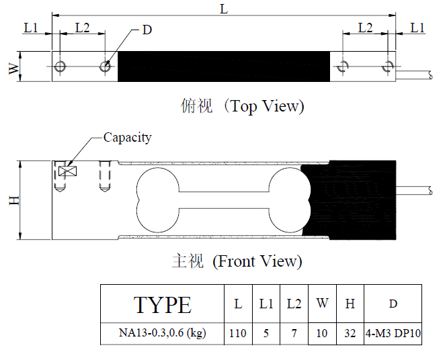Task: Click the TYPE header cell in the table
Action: tap(162, 304)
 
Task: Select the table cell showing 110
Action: tap(238, 333)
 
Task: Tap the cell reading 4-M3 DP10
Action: tap(393, 333)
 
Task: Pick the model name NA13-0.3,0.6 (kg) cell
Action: tap(162, 333)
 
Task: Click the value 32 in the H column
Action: tap(350, 333)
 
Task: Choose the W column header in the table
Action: tap(322, 304)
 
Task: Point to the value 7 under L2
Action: tap(294, 333)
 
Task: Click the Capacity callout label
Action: tap(128, 138)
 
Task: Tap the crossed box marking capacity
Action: tap(67, 171)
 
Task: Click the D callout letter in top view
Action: tap(147, 30)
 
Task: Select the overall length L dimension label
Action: tap(224, 9)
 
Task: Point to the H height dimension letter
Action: tap(14, 200)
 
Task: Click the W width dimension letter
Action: tap(14, 68)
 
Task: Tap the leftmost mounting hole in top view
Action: tap(60, 66)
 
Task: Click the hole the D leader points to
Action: tap(105, 66)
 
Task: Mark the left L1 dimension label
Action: tap(31, 28)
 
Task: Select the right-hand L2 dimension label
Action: tap(365, 28)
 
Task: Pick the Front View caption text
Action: tap(257, 261)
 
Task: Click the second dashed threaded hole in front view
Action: tap(105, 177)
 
